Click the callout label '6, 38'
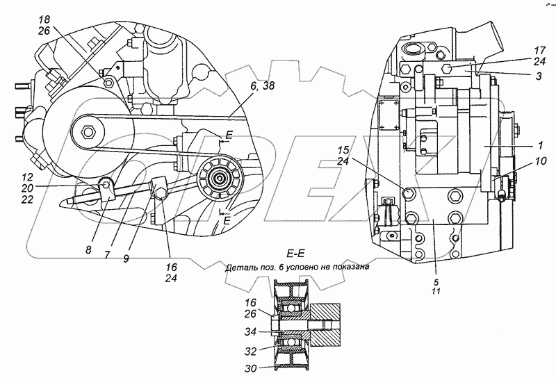[x=262, y=85]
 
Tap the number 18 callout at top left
[x=44, y=19]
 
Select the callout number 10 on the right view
[x=541, y=161]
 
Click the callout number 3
[x=539, y=76]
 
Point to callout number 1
[x=541, y=145]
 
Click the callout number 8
[x=88, y=250]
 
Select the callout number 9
[x=126, y=259]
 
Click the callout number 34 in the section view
[x=250, y=332]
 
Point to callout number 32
[x=250, y=351]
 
